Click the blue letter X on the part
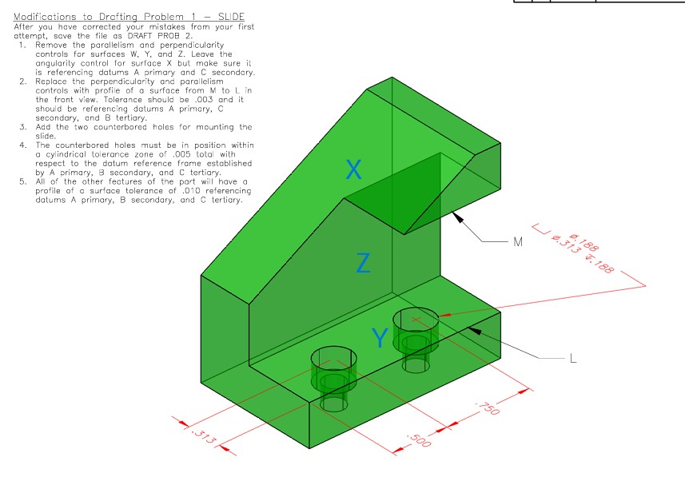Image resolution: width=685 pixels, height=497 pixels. pyautogui.click(x=354, y=169)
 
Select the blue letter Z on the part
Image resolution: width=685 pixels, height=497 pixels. pyautogui.click(x=363, y=262)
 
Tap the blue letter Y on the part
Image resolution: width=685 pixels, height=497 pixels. pyautogui.click(x=380, y=339)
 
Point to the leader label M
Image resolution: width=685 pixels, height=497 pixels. pyautogui.click(x=518, y=241)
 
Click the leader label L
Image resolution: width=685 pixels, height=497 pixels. pyautogui.click(x=572, y=359)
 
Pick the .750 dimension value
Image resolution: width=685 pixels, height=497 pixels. pyautogui.click(x=486, y=408)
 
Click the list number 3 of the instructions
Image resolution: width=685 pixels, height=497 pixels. pyautogui.click(x=23, y=127)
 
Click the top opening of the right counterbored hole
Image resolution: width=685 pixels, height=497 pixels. pyautogui.click(x=416, y=317)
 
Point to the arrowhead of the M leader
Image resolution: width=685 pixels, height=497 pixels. pyautogui.click(x=453, y=214)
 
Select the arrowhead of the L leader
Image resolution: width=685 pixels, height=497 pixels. pyautogui.click(x=472, y=328)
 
